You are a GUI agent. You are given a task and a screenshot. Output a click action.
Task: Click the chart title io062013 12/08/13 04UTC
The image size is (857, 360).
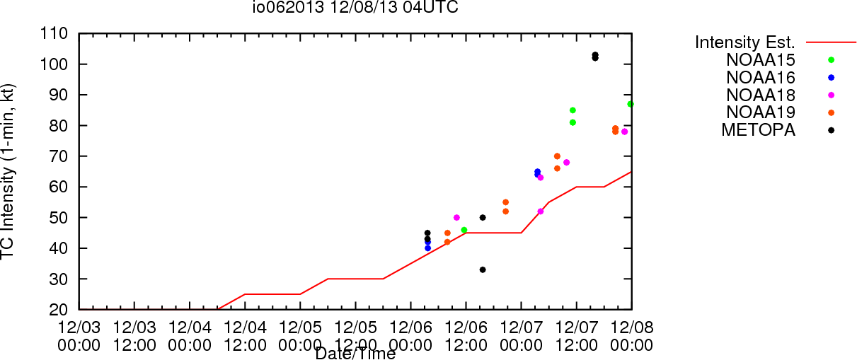point(355,7)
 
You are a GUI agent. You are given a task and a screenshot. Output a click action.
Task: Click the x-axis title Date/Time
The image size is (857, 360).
point(355,354)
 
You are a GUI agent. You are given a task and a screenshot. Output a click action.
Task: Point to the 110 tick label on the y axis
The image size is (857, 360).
point(54,34)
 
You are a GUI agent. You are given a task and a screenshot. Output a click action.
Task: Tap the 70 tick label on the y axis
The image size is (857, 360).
point(59,156)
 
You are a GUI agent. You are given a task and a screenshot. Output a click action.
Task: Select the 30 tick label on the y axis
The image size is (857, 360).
point(59,279)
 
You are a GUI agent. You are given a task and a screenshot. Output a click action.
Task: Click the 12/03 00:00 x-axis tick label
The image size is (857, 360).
point(79,336)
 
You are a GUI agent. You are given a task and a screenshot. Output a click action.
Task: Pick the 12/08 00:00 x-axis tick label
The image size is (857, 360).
point(632,336)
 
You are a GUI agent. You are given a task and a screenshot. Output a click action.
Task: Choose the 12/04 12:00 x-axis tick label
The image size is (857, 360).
point(245,336)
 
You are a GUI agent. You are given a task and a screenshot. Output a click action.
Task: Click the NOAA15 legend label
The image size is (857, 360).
point(761,60)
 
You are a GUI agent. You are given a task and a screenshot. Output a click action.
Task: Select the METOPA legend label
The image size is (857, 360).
point(759,130)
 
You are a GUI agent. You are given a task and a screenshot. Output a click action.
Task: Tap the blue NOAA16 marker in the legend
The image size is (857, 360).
point(831,78)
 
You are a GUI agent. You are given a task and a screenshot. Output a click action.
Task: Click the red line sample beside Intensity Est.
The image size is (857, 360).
point(831,42)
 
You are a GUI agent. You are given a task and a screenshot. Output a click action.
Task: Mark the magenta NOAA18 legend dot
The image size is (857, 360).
point(831,95)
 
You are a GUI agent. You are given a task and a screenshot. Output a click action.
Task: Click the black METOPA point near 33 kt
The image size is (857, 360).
point(483,269)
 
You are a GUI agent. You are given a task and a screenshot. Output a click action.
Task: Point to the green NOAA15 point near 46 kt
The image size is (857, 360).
point(464,230)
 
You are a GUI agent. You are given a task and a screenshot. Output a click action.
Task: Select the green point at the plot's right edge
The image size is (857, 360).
point(631,104)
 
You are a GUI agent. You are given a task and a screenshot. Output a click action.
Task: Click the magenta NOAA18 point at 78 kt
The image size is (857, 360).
point(624,132)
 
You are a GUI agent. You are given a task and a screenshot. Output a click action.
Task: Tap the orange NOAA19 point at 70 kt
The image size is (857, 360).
point(557,156)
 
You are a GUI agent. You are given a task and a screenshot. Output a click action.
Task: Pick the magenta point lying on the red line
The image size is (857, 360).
point(541,211)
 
